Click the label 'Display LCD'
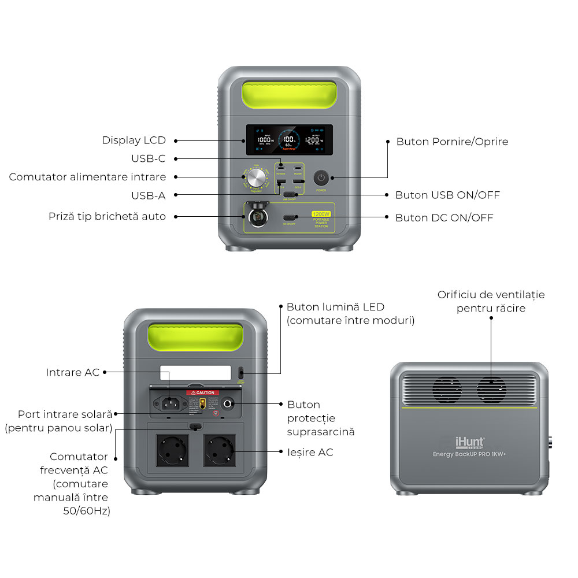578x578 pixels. pos(134,140)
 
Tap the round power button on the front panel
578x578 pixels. pos(321,177)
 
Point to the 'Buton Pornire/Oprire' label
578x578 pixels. pos(452,142)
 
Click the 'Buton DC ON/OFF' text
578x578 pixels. pos(444,218)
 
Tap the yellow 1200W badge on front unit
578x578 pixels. pos(321,214)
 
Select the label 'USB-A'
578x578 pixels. pos(148,195)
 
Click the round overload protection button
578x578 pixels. pos(230,404)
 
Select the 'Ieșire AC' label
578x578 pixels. pos(310,452)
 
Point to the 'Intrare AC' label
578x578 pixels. pos(73,372)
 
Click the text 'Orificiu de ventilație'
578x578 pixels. pos(491,295)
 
